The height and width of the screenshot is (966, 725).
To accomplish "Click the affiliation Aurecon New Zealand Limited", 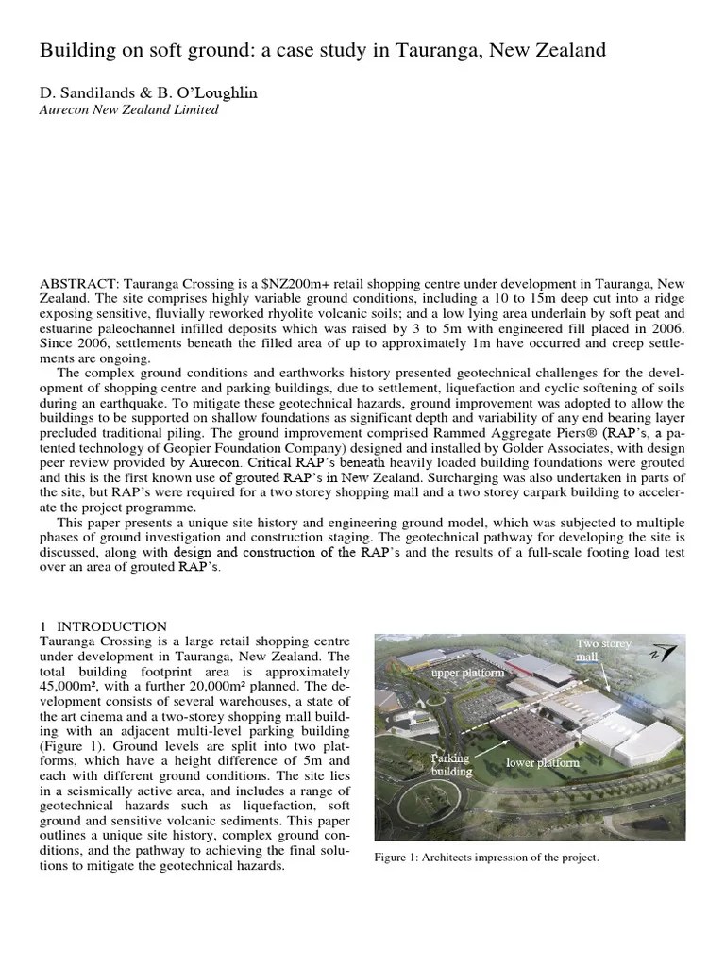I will [x=128, y=110].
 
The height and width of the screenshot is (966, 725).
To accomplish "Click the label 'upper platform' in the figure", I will [x=468, y=674].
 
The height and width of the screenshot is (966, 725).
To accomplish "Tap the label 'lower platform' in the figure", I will [x=543, y=762].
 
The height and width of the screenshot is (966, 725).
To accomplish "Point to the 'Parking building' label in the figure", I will [x=451, y=764].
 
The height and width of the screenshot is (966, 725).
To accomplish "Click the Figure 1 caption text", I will [x=486, y=858].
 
